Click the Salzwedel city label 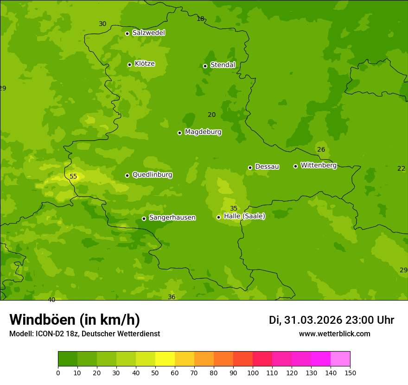[148, 33]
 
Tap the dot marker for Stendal [205, 66]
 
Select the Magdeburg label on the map [203, 132]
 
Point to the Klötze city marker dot [129, 64]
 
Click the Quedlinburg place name [152, 175]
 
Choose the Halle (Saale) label [244, 216]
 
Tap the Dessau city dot [250, 167]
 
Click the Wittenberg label [319, 166]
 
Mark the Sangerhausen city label [172, 218]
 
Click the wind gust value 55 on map [73, 176]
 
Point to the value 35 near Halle [234, 208]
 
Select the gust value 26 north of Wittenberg [321, 149]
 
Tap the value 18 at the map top [200, 19]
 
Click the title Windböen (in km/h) [75, 320]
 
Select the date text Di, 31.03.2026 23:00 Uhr [331, 320]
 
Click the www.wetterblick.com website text [334, 334]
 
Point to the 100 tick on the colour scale [253, 372]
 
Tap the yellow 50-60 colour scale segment [165, 359]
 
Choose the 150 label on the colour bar [350, 372]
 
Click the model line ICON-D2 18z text [84, 334]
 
